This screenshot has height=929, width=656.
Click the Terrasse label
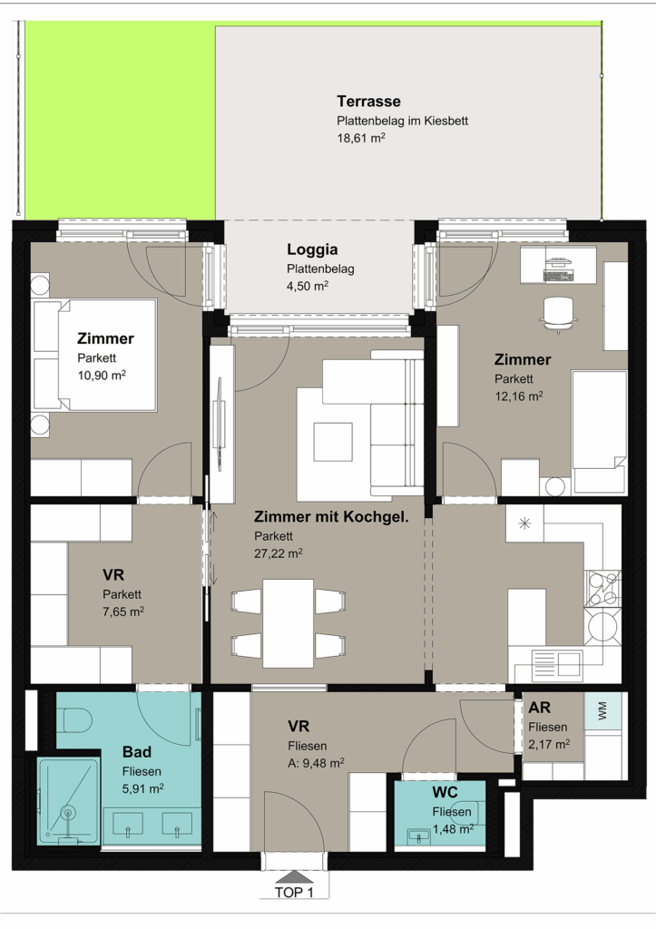(x=368, y=102)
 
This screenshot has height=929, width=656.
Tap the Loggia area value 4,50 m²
(x=308, y=286)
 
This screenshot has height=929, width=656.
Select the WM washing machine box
(x=603, y=711)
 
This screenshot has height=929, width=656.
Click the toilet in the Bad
(x=76, y=719)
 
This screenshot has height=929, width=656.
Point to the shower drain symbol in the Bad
(x=69, y=813)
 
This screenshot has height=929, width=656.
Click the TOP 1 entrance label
(x=294, y=892)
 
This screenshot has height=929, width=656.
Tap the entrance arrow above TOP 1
(x=294, y=876)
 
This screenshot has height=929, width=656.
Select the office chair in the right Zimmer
(x=558, y=314)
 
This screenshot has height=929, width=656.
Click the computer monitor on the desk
(x=558, y=261)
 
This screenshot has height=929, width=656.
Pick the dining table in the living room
(x=288, y=622)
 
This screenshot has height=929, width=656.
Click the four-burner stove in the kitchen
(x=602, y=589)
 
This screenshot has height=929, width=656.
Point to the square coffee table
(x=333, y=442)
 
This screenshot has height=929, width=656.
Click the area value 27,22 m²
(x=279, y=553)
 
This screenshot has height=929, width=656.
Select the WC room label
(x=445, y=792)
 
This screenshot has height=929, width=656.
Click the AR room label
(x=539, y=708)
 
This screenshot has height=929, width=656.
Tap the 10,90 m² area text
(x=102, y=375)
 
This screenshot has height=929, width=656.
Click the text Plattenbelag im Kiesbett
(x=402, y=121)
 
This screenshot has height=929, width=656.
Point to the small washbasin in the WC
(x=419, y=836)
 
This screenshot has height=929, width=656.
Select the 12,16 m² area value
(x=519, y=396)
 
